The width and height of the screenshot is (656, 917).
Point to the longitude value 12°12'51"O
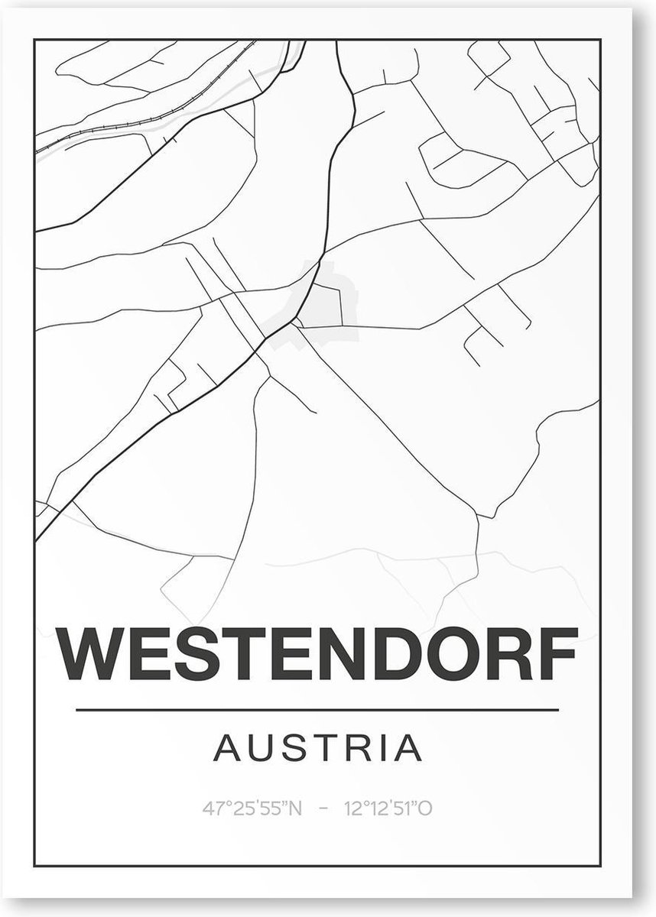click(388, 808)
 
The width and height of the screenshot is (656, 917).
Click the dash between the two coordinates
click(326, 808)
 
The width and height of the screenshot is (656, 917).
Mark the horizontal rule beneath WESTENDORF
click(317, 711)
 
